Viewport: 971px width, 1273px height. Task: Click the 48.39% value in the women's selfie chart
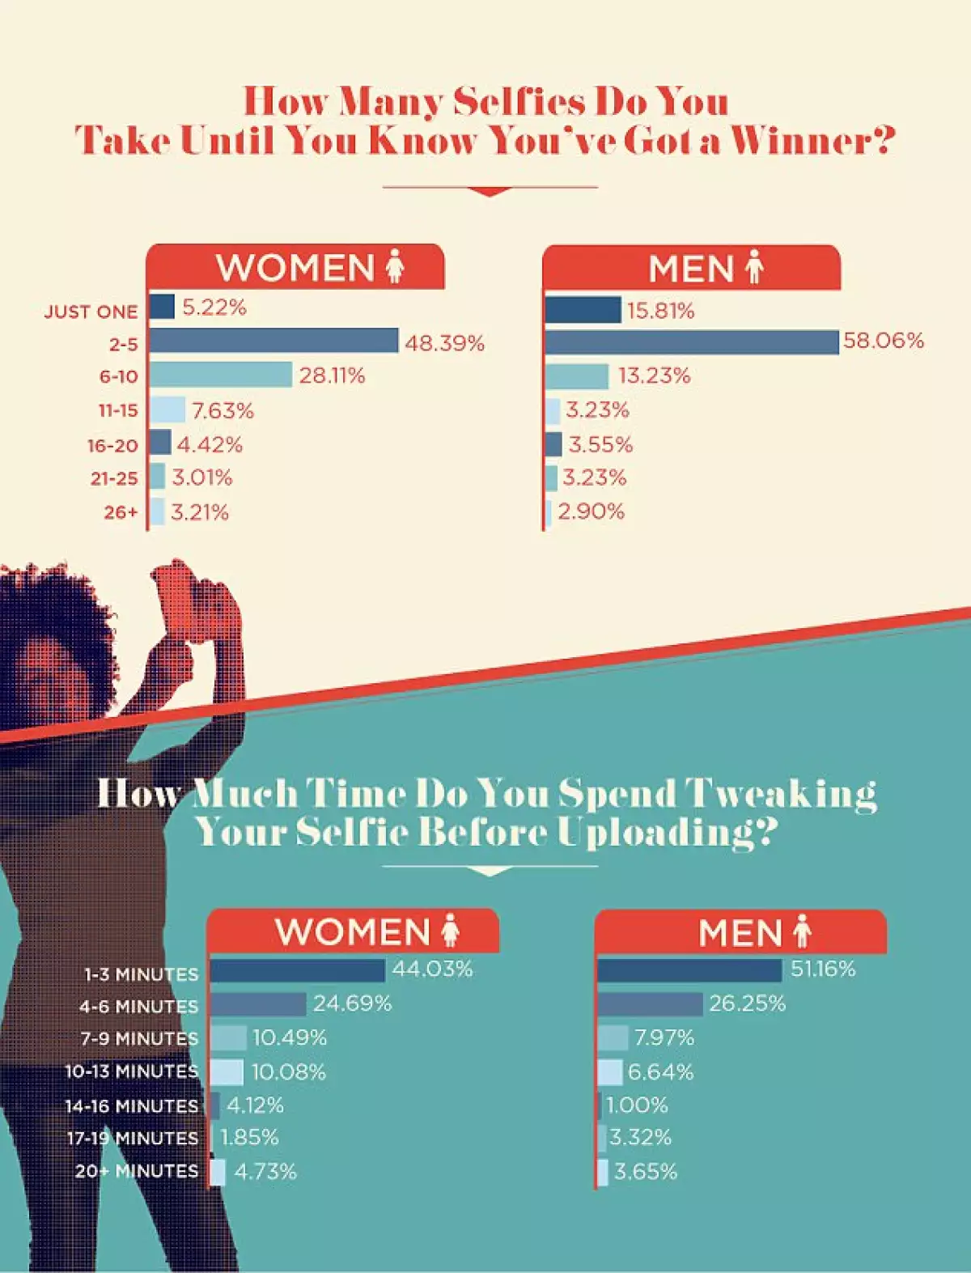tap(444, 343)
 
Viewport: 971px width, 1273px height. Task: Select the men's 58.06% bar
tap(691, 342)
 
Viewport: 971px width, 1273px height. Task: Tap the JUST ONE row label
tap(91, 312)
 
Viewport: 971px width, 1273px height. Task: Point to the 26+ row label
tap(121, 512)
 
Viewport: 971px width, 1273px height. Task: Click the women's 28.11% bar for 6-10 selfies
tap(220, 375)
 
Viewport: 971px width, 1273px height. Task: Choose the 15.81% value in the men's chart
tap(660, 311)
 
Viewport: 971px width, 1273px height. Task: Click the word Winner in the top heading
tap(801, 141)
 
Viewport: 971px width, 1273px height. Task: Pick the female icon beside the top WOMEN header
tap(395, 266)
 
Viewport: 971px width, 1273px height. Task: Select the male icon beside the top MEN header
tap(754, 267)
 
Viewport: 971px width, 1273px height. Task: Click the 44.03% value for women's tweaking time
tap(432, 969)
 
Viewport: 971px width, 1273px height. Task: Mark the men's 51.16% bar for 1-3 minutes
tap(689, 970)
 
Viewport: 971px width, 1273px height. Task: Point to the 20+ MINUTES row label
tap(137, 1171)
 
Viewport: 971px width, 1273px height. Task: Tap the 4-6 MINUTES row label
tap(138, 1007)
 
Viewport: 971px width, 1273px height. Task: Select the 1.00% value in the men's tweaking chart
tap(637, 1105)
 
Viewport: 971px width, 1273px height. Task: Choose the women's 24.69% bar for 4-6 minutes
tap(258, 1004)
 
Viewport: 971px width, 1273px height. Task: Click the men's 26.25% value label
tap(747, 1004)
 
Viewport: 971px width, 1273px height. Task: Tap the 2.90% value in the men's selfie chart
tap(591, 511)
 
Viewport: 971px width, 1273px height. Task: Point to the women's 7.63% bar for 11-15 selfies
tap(167, 410)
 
